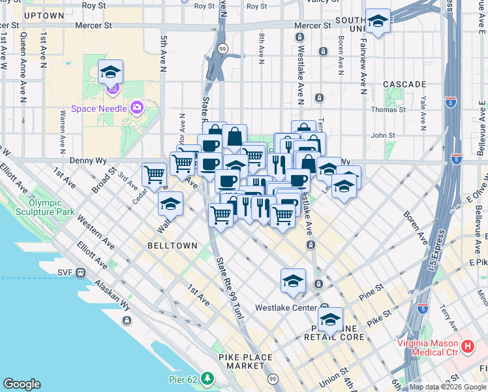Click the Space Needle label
pos(100,108)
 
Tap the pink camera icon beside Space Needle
pos(137,107)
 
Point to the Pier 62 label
pos(183,378)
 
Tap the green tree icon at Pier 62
pos(207,378)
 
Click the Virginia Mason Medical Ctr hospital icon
pos(467,346)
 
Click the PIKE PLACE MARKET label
pos(242,361)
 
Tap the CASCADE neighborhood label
pos(404,84)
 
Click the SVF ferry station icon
pos(80,272)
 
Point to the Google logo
pos(22,384)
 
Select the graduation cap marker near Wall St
pos(170,204)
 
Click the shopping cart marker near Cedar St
pos(154,174)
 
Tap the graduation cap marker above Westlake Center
pos(294,281)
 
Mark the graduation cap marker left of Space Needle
pos(111,72)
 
